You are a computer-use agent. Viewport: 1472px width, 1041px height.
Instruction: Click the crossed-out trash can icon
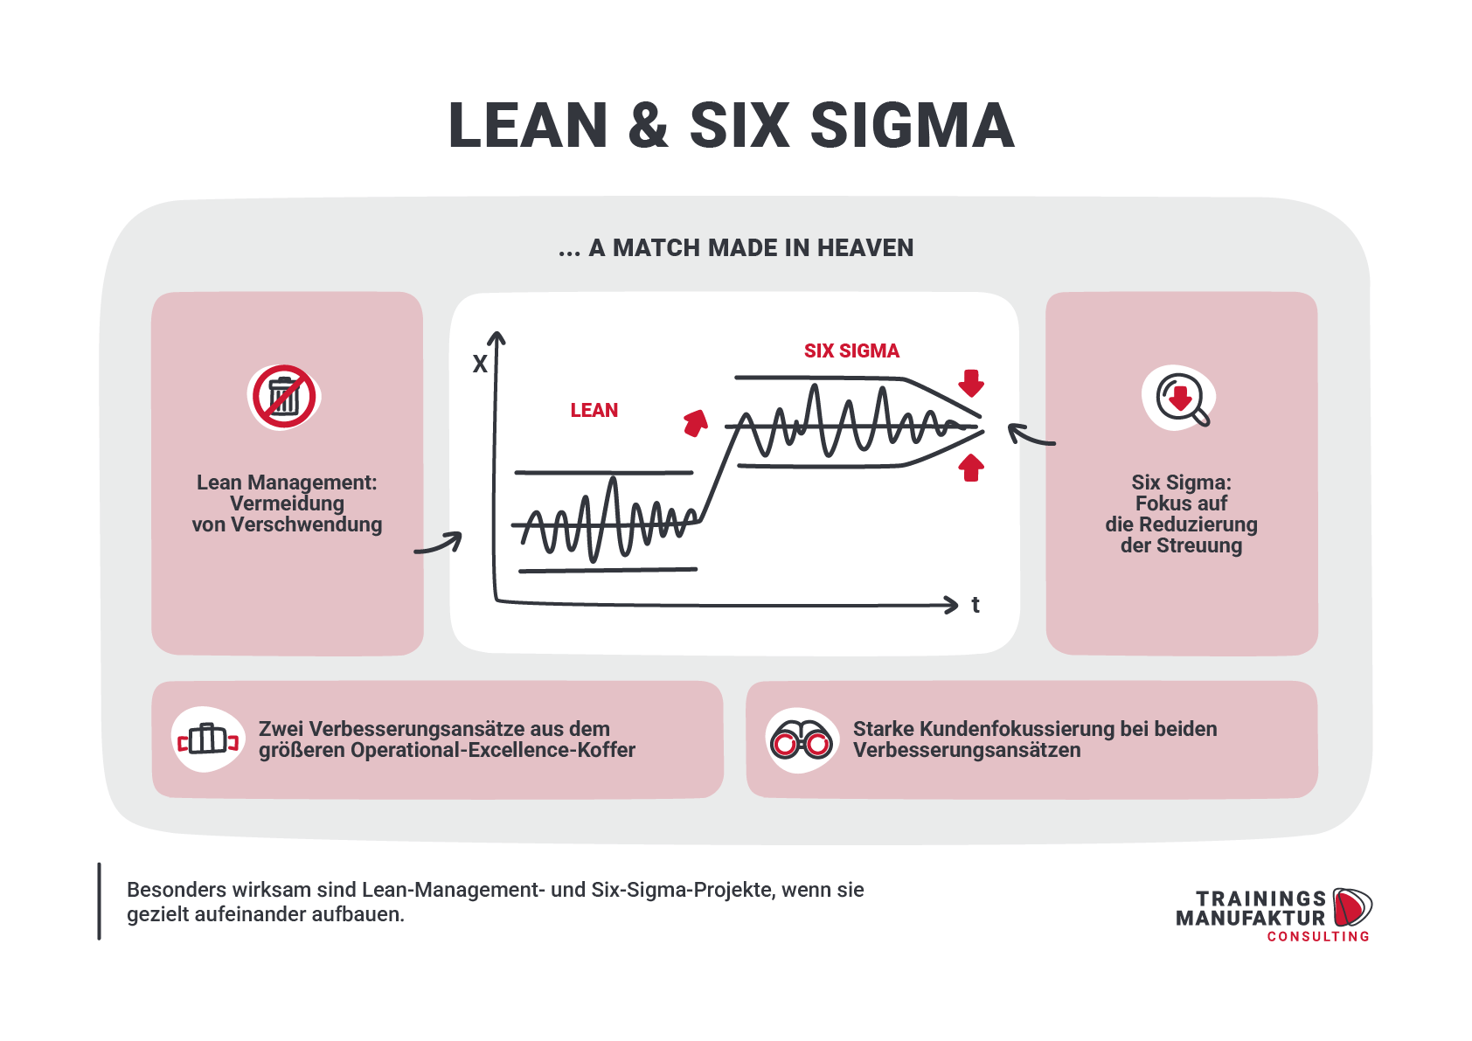click(x=284, y=397)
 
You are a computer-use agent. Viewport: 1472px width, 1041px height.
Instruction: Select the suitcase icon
click(x=208, y=740)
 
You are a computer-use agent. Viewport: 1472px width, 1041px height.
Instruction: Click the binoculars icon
click(x=801, y=740)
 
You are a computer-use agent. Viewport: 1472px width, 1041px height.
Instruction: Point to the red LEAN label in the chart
click(x=594, y=411)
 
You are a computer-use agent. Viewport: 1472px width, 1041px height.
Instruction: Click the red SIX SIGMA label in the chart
click(x=851, y=351)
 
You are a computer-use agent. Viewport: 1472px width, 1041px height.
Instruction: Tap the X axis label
click(x=480, y=364)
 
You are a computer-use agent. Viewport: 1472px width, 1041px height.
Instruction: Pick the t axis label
click(x=976, y=605)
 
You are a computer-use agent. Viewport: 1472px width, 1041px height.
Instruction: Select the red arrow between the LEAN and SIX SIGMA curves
click(x=696, y=424)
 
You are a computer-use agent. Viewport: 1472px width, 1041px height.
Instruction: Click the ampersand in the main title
click(x=648, y=126)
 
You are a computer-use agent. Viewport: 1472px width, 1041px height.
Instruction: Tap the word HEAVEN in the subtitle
click(x=865, y=247)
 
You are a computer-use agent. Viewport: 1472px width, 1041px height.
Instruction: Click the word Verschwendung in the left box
click(x=306, y=525)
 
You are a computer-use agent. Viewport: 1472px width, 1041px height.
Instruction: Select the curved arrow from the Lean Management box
click(x=439, y=545)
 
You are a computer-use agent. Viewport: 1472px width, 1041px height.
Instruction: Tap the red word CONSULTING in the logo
click(x=1318, y=936)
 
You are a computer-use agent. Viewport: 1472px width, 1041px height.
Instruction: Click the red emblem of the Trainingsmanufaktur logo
click(x=1352, y=907)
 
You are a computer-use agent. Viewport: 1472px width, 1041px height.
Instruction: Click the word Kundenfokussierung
click(x=1017, y=729)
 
